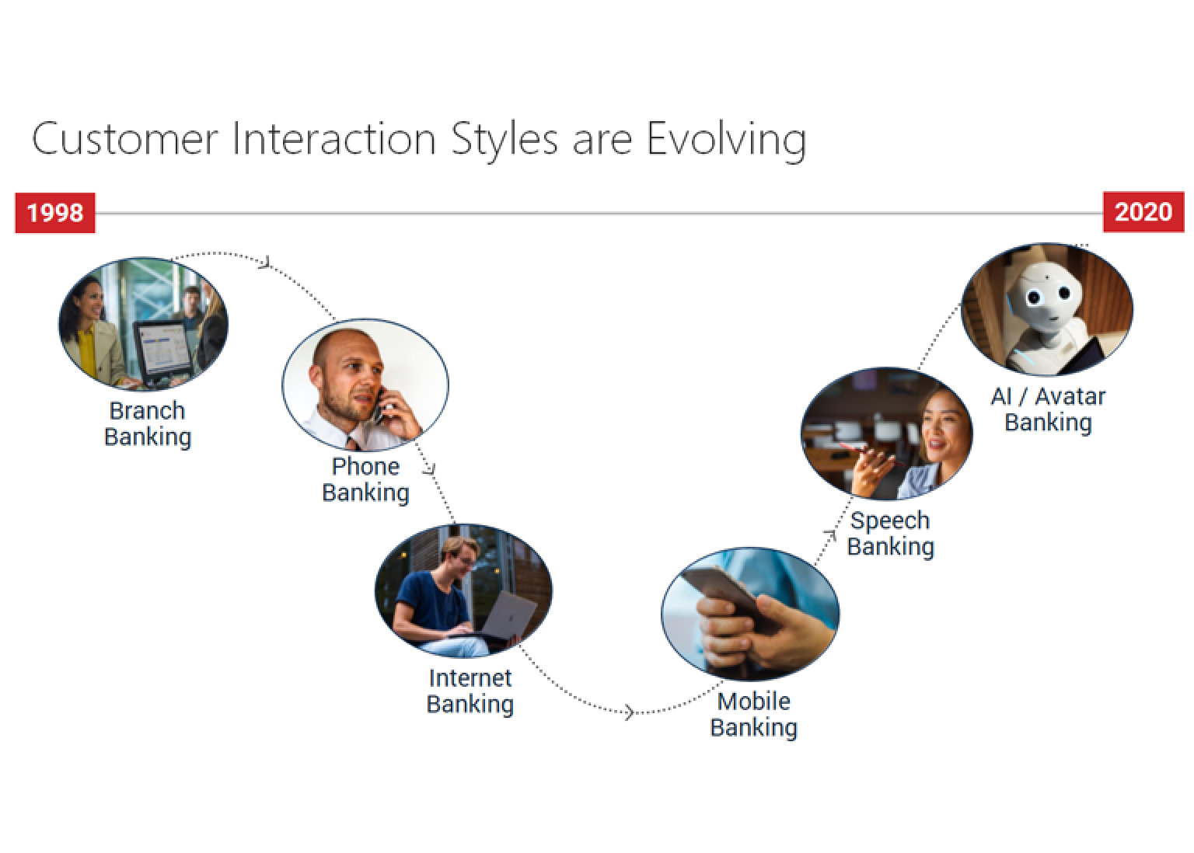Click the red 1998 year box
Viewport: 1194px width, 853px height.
[x=55, y=213]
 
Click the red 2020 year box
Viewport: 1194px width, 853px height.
[x=1143, y=211]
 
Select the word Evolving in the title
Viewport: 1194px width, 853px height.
[x=726, y=140]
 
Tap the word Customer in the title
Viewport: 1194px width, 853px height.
[x=124, y=139]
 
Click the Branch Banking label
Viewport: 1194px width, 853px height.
[x=147, y=424]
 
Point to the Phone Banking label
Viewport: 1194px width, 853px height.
[x=365, y=479]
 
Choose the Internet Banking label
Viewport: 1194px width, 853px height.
[x=470, y=691]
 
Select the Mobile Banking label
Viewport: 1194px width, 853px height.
[x=753, y=715]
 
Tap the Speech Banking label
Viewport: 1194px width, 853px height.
[x=890, y=534]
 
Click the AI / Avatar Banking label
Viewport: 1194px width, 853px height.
[x=1048, y=409]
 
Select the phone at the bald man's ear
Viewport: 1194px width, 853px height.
[x=379, y=406]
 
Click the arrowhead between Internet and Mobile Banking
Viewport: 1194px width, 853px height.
[x=630, y=712]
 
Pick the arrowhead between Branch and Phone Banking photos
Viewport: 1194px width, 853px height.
[x=266, y=262]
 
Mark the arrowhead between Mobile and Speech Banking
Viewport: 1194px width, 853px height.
[x=830, y=534]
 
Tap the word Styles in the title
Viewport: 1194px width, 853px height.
[x=504, y=140]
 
